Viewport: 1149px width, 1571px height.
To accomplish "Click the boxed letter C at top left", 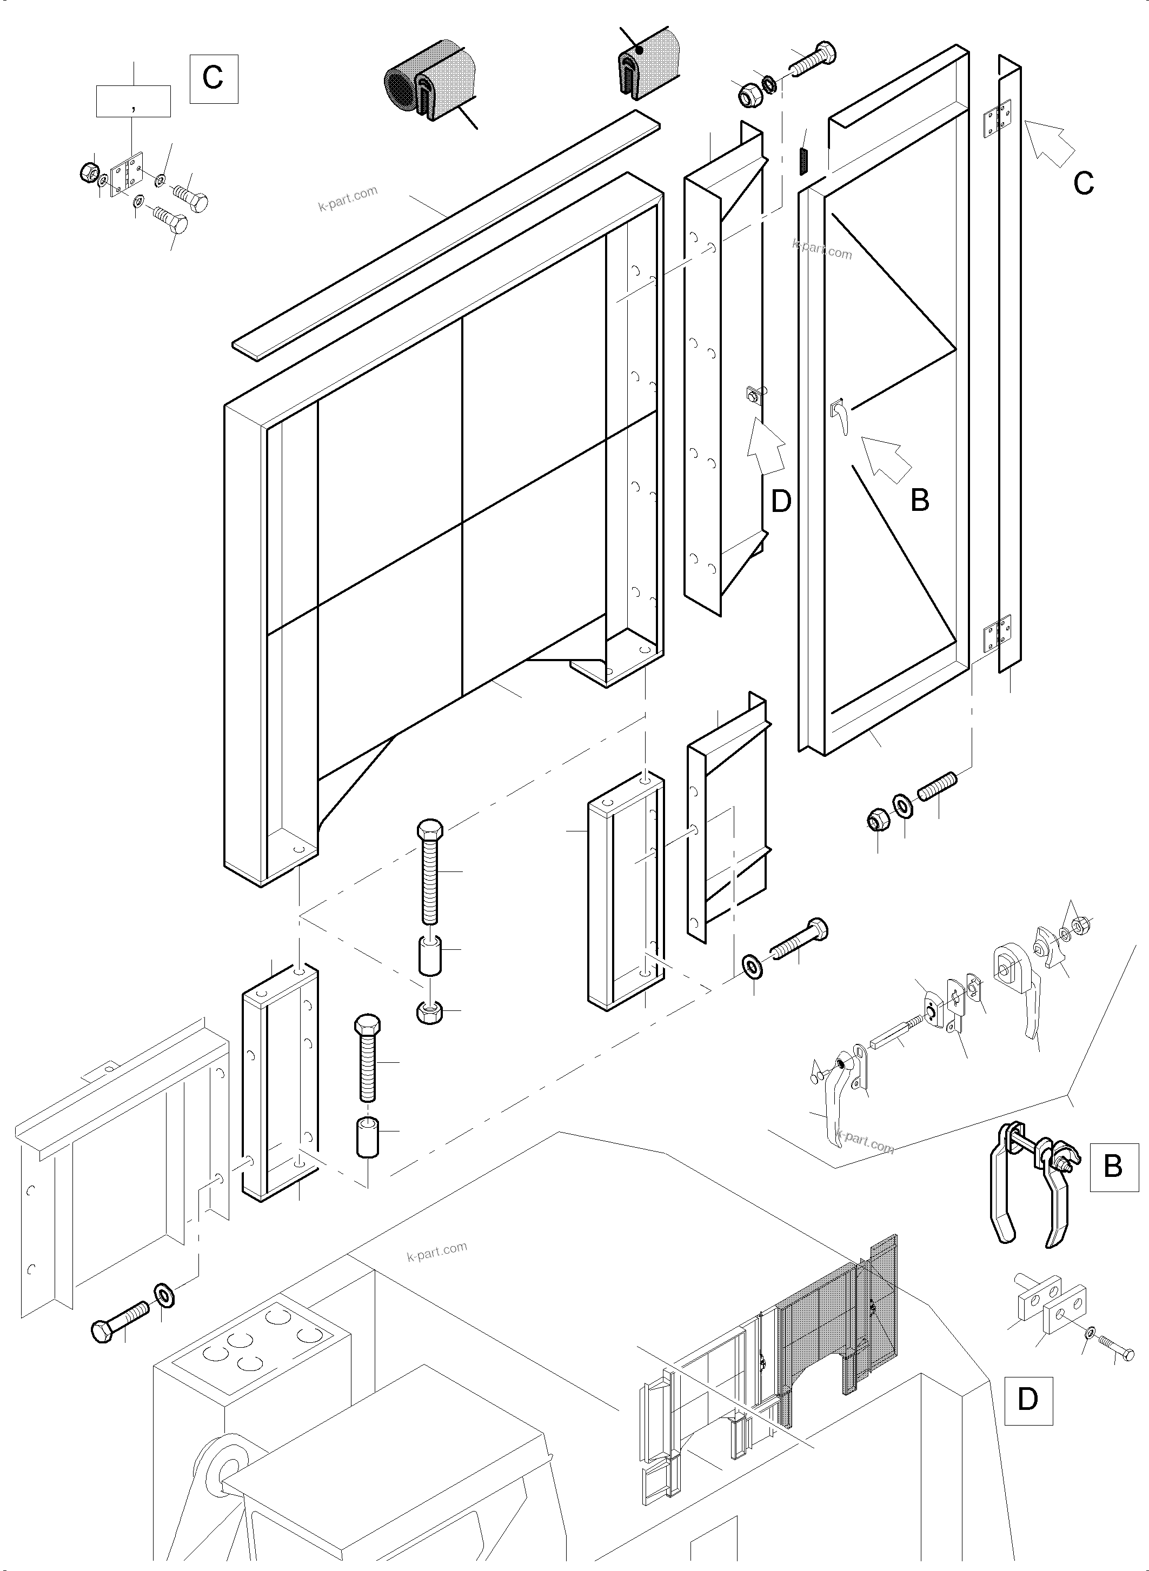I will pyautogui.click(x=214, y=78).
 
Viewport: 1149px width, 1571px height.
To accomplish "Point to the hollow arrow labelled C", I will pyautogui.click(x=1051, y=143).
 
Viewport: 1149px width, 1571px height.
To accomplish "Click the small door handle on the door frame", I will pyautogui.click(x=840, y=415).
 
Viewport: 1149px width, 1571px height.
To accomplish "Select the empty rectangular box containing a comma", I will pyautogui.click(x=133, y=101).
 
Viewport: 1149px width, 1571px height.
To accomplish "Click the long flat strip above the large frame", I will pyautogui.click(x=445, y=236).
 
